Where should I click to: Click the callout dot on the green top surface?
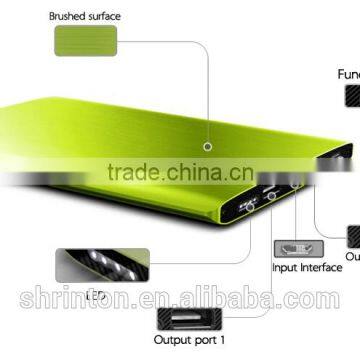206,147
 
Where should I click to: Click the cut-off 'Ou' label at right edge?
351,256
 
